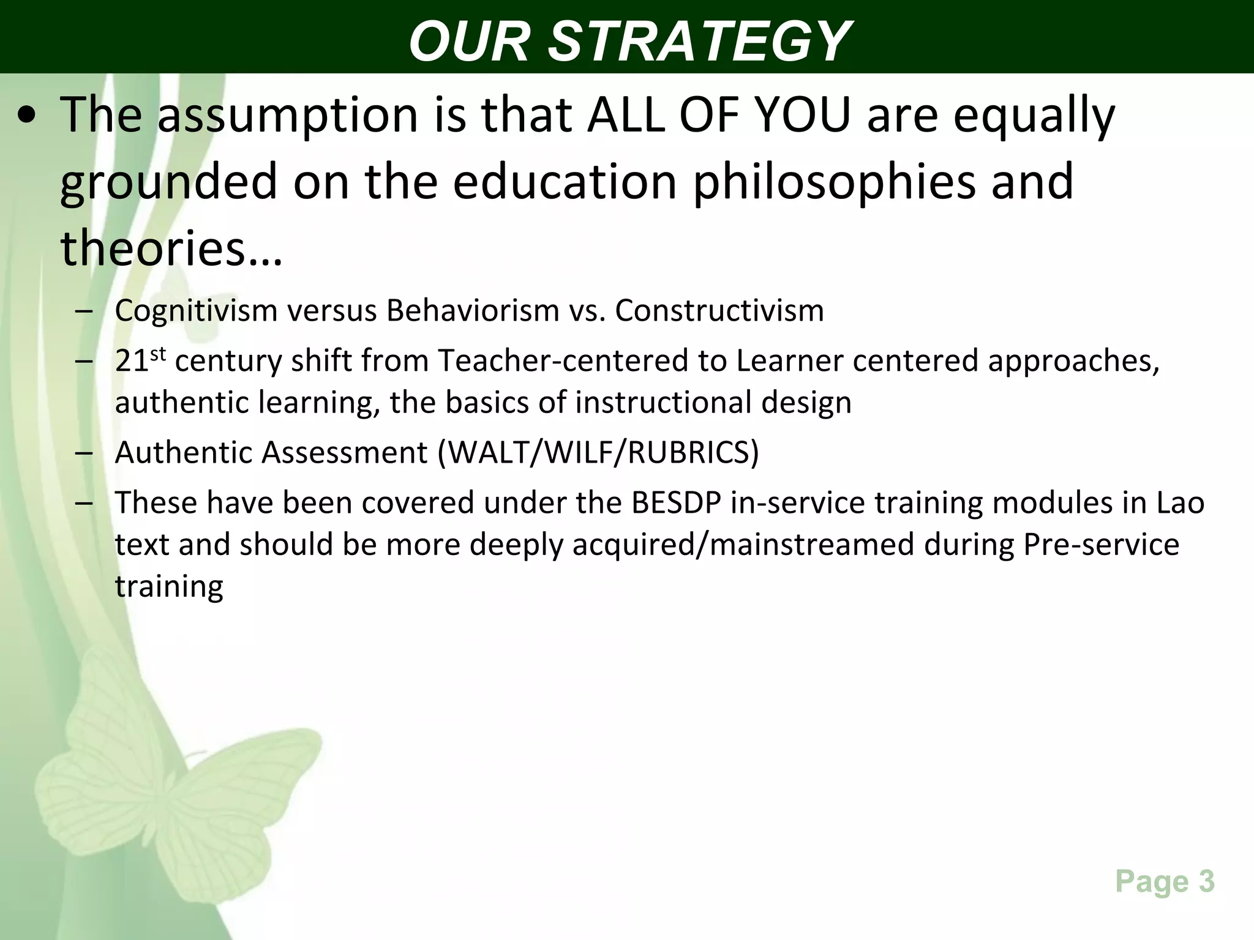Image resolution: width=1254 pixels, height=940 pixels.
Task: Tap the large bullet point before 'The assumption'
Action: (27, 116)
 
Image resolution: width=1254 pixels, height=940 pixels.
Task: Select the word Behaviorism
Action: (473, 311)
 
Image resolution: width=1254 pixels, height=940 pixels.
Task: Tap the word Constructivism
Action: (719, 311)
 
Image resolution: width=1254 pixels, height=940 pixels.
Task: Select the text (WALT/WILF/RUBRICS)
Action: (598, 453)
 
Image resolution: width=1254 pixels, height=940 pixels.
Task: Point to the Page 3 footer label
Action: (1165, 882)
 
